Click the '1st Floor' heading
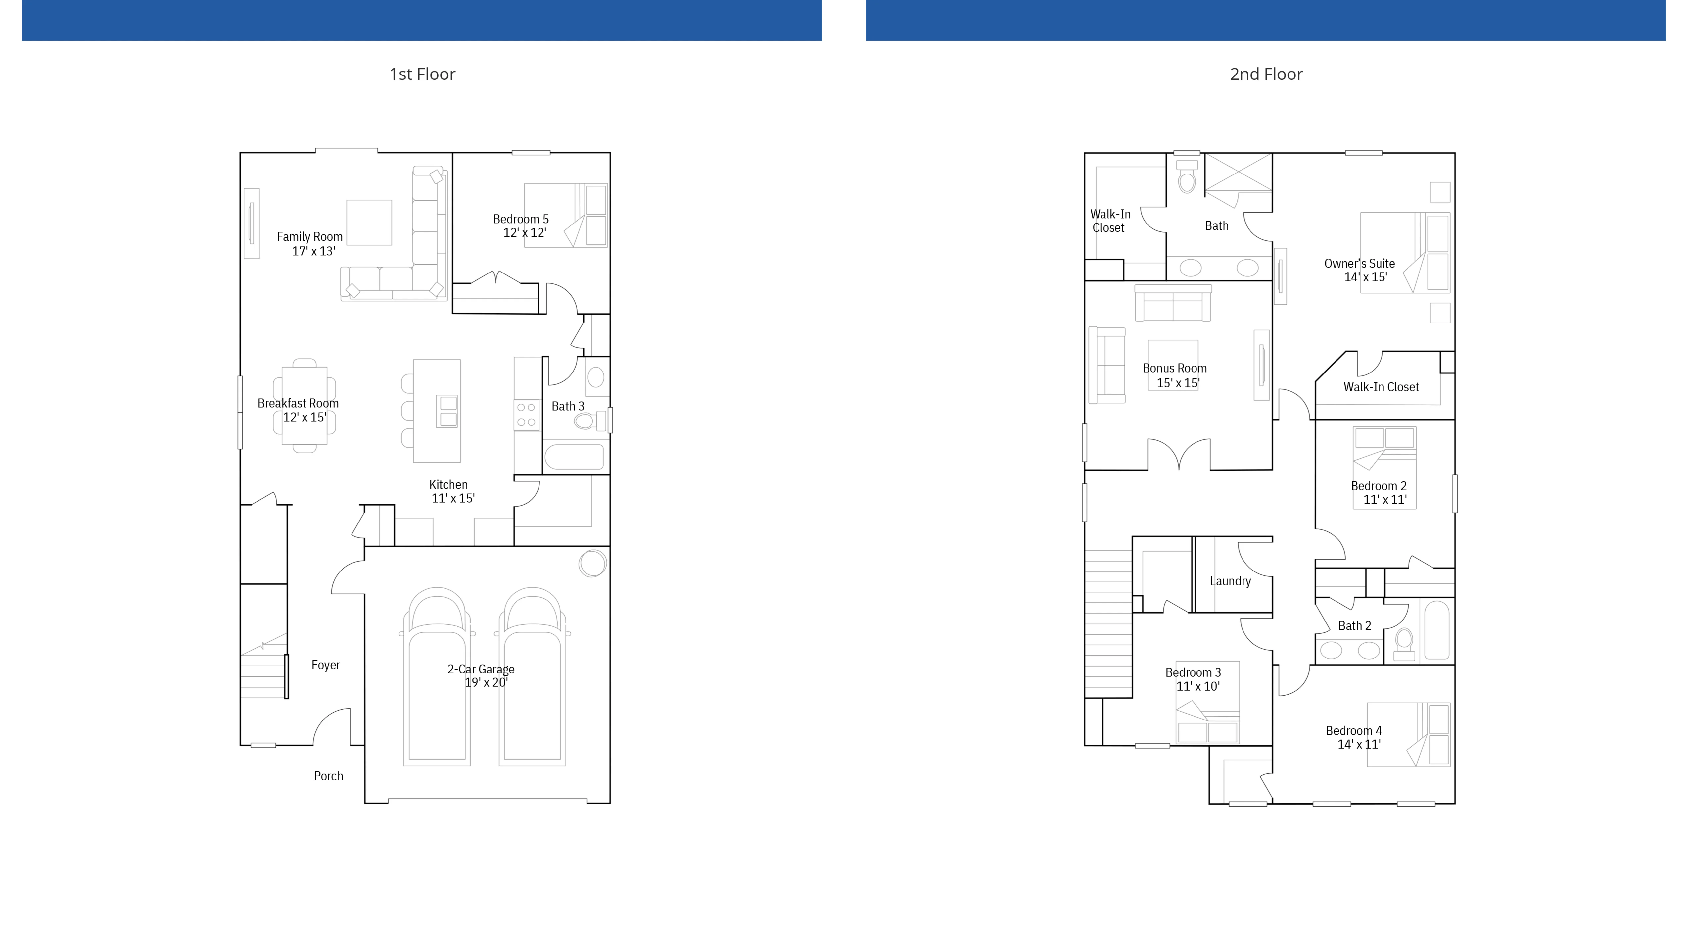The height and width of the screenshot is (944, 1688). [x=422, y=74]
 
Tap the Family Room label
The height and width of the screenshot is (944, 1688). [x=309, y=237]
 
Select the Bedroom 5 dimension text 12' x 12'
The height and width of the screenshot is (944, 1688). [x=524, y=233]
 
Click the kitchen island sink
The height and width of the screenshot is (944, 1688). [x=448, y=411]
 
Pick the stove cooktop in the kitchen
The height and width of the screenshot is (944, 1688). [x=526, y=414]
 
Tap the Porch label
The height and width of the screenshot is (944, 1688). [x=328, y=776]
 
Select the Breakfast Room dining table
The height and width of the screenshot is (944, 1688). [x=304, y=405]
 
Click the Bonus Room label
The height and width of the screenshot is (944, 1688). [x=1174, y=369]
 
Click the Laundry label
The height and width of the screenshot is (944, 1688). [x=1230, y=581]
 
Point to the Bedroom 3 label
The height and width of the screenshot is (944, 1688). [x=1193, y=672]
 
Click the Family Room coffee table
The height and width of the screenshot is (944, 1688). [x=369, y=222]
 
